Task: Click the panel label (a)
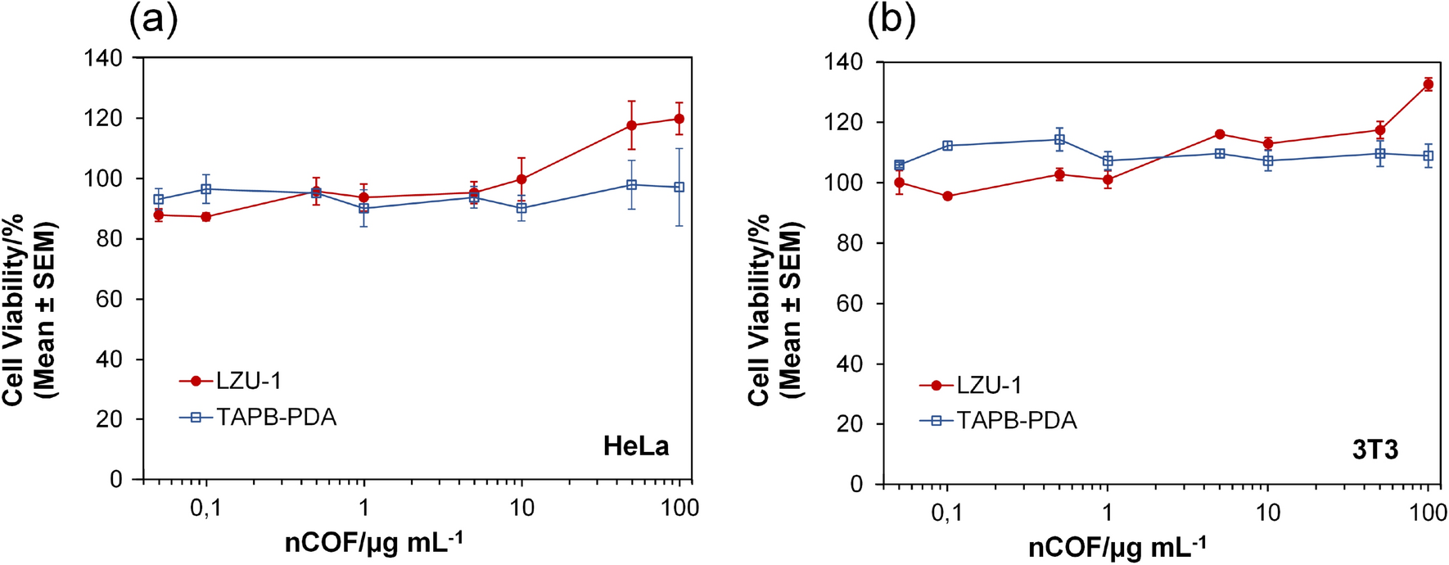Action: coord(153,20)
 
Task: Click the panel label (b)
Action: coord(892,20)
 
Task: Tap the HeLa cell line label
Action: coord(636,445)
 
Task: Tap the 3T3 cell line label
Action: coord(1375,450)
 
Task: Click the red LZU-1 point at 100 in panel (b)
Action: coord(1429,84)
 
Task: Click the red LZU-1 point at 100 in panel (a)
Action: coord(679,119)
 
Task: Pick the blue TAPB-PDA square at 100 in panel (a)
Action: coord(679,188)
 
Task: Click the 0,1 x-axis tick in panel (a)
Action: coord(205,508)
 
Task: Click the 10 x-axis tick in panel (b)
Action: coord(1267,513)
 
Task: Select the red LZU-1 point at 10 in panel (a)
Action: coord(521,179)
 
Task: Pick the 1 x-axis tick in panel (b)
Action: coord(1107,513)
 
